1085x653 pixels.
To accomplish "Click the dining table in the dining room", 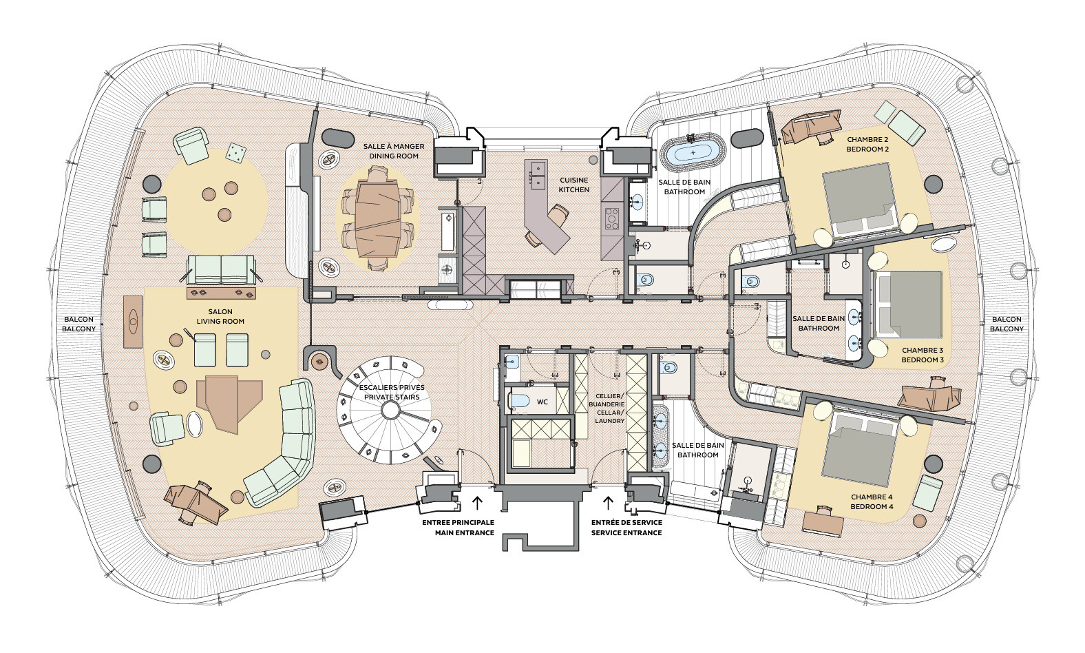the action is click(378, 219).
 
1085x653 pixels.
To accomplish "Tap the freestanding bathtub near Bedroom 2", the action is click(693, 152).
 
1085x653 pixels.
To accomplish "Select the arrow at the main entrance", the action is click(477, 503).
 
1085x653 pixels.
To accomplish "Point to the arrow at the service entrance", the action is click(609, 503).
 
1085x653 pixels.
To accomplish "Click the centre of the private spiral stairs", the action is click(390, 410).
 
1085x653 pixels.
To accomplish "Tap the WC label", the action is click(542, 402).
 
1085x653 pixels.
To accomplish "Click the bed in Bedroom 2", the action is click(858, 199).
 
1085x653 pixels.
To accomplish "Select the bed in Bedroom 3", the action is click(907, 304).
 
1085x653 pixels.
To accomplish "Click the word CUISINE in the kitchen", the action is click(574, 180).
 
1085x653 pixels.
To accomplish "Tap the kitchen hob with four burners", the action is click(612, 218).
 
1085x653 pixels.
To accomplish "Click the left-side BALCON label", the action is click(79, 319).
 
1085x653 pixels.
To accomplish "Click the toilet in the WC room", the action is click(519, 401).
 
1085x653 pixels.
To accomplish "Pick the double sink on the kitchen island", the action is click(538, 175).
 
